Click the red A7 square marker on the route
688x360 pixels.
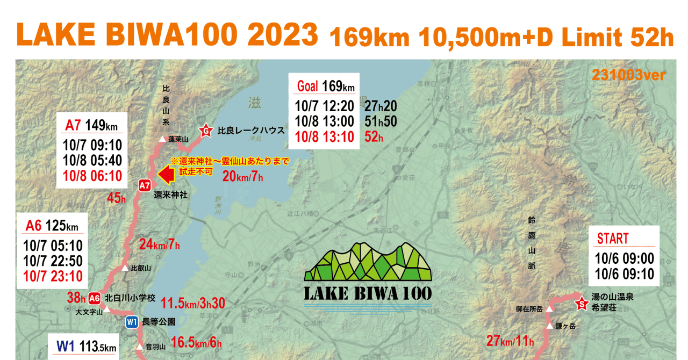point(144,185)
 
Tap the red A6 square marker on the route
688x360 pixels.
point(95,298)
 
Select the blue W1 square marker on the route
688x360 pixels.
point(132,322)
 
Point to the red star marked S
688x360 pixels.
point(581,305)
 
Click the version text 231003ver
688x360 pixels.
point(628,75)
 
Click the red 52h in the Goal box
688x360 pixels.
point(374,137)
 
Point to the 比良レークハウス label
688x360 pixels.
point(251,131)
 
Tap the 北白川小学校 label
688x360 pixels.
point(130,298)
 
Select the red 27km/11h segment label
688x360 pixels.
point(510,341)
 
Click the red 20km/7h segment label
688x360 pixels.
point(242,175)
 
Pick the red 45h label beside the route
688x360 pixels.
point(116,198)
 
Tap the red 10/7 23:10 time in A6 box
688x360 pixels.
point(53,276)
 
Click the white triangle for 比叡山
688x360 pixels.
point(125,268)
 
